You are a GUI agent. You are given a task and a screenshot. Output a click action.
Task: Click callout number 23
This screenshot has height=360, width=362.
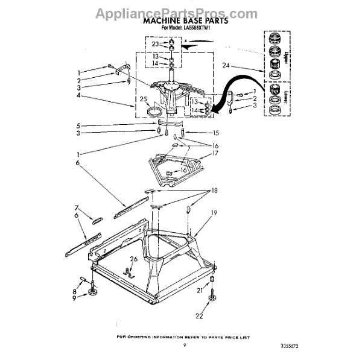(155, 44)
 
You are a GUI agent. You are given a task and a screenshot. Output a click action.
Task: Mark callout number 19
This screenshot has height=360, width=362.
(214, 213)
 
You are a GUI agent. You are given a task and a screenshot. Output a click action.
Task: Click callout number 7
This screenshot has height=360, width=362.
(77, 208)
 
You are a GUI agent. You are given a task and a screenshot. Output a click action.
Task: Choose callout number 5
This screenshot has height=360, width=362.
(78, 125)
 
